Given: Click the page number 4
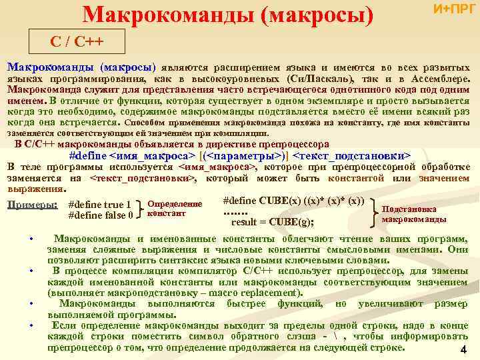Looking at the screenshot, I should click(x=463, y=351).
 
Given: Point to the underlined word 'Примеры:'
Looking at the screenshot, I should click(x=31, y=205).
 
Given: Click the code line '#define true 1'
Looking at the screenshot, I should click(x=101, y=205).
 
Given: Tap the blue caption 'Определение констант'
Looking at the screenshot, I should click(x=174, y=209).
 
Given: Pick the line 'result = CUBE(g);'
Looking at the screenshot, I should click(x=272, y=222).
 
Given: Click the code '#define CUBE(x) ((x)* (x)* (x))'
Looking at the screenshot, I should click(x=293, y=201).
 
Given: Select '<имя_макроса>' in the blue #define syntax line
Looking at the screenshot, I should click(x=157, y=155).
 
